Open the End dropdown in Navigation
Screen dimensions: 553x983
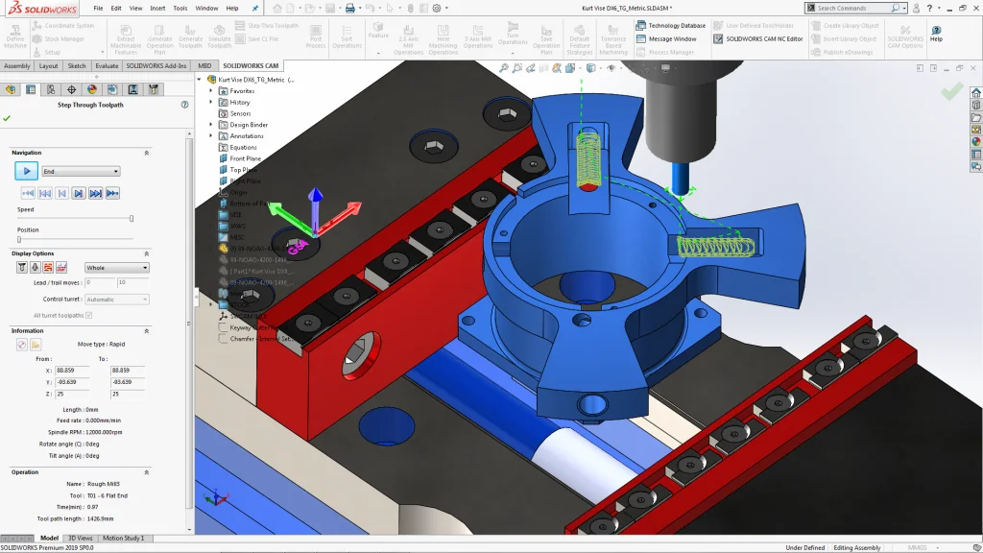coord(81,171)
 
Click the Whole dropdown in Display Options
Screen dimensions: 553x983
coord(117,268)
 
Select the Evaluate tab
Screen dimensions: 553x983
coord(107,66)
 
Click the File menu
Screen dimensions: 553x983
coord(98,8)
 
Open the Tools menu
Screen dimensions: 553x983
coord(180,8)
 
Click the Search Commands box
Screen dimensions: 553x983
coord(859,8)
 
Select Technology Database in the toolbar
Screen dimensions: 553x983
coord(677,26)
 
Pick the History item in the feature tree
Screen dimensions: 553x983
coord(240,102)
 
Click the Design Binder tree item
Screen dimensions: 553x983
coord(249,125)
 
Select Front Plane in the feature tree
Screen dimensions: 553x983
coord(245,158)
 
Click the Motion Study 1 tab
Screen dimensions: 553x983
coord(123,539)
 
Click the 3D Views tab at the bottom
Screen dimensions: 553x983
coord(80,539)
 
